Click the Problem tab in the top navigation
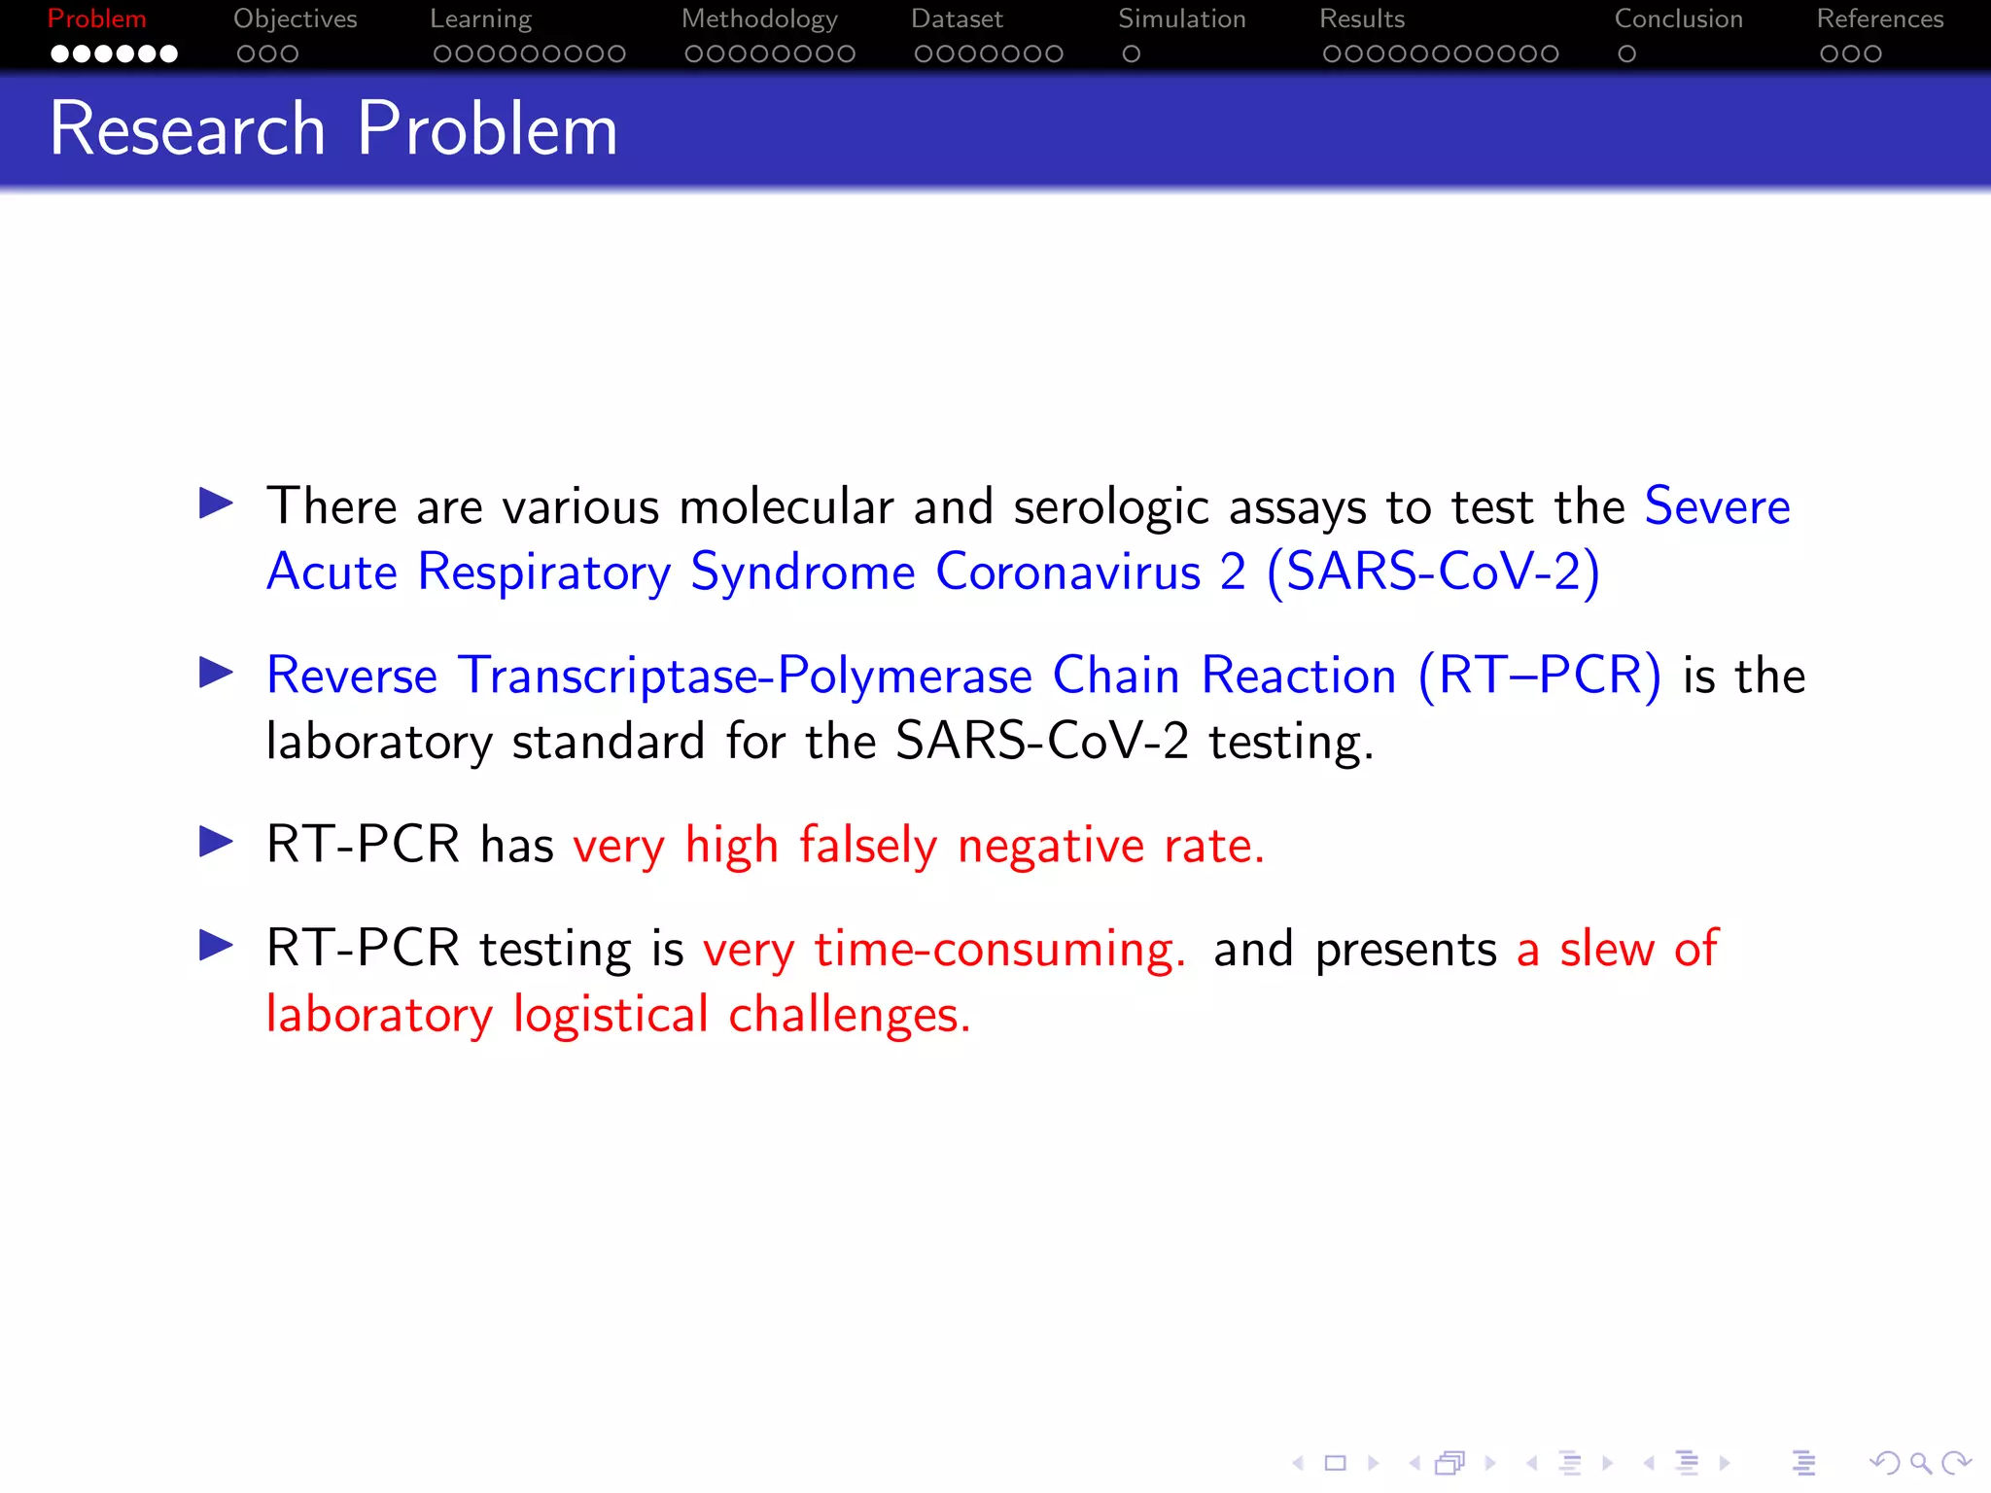(x=96, y=19)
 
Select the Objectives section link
(x=295, y=19)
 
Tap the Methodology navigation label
(x=759, y=19)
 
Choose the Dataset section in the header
(x=957, y=19)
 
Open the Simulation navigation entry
(x=1181, y=19)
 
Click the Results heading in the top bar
(x=1361, y=19)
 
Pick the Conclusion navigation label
(x=1678, y=19)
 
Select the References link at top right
(x=1879, y=19)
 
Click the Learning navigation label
(x=480, y=19)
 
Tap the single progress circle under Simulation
(x=1131, y=54)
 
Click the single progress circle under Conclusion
(x=1626, y=54)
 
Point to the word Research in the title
(x=187, y=129)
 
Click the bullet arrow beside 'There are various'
(x=216, y=503)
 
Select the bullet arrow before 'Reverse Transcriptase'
(x=216, y=673)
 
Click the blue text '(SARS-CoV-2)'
(x=1433, y=573)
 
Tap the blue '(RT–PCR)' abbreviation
(x=1540, y=676)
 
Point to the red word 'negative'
(x=1050, y=846)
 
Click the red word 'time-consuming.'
(x=999, y=950)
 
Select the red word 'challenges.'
(x=849, y=1016)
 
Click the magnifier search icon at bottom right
(x=1920, y=1462)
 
